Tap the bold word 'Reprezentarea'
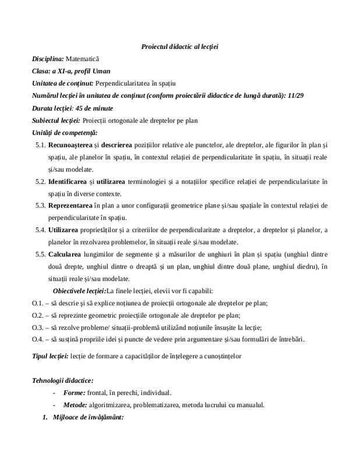point(71,206)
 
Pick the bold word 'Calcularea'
point(66,254)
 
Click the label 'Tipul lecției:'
point(50,355)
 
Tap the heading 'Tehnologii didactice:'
point(61,380)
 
